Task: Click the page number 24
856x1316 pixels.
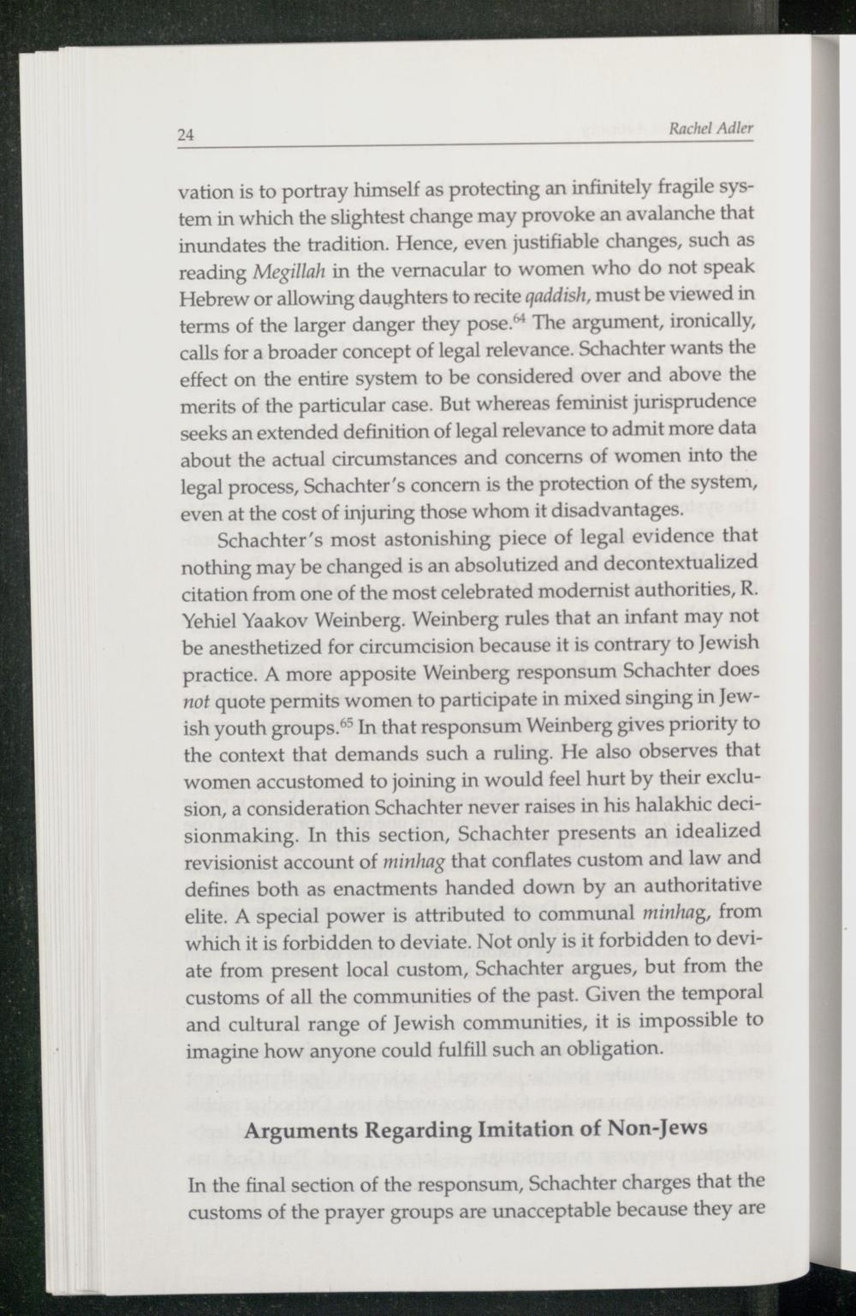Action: [187, 134]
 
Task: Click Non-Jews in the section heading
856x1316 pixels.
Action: [658, 1128]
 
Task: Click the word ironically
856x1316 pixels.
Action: [711, 322]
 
